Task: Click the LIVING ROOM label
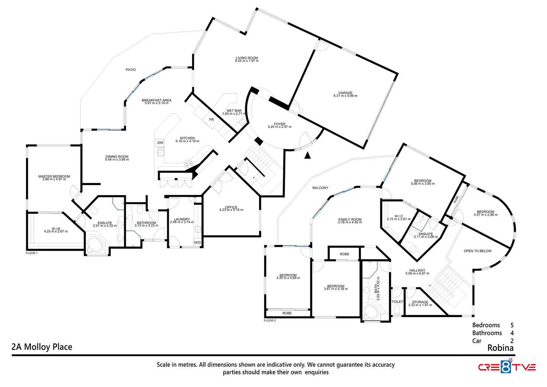pos(247,58)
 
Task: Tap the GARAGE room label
pos(345,93)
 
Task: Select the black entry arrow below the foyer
pos(307,156)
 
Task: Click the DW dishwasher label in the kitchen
pos(160,143)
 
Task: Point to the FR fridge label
pos(211,120)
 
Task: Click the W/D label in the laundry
pos(197,243)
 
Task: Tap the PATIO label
pos(131,70)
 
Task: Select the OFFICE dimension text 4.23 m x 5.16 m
pos(231,210)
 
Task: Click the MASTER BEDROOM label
pos(54,177)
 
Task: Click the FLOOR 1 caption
pos(32,253)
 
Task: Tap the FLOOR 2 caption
pos(270,321)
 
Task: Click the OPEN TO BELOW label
pos(478,251)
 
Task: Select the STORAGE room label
pos(420,302)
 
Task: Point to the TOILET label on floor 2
pos(397,302)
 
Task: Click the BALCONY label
pos(320,188)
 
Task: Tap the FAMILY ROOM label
pos(350,220)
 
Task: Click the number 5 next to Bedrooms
pos(512,325)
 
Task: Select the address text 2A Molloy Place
pos(42,347)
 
